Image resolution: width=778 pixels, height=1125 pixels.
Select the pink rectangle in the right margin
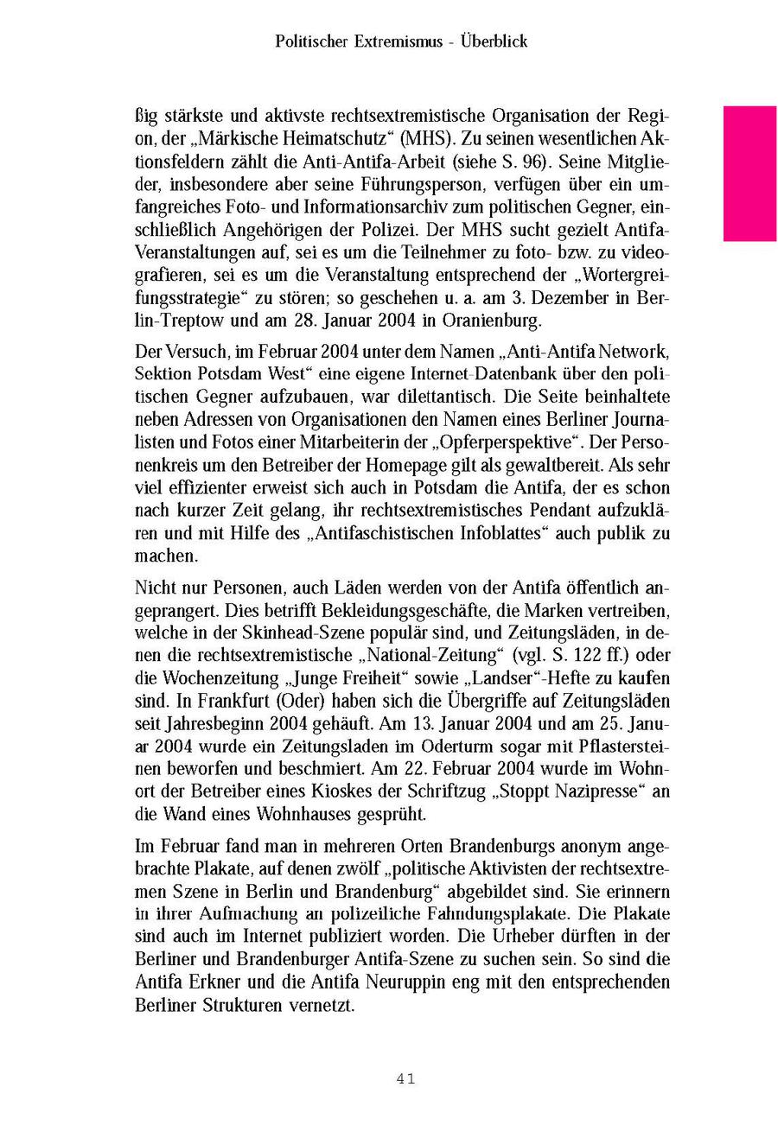coord(749,173)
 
